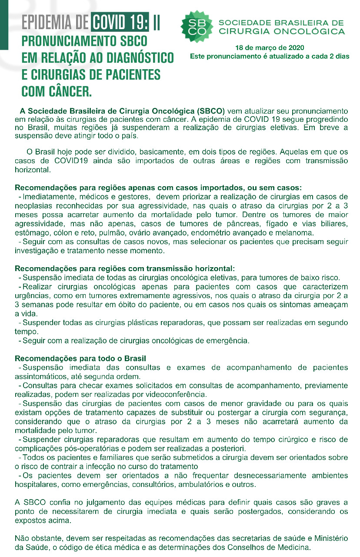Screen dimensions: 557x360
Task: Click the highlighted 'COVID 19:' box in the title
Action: point(120,22)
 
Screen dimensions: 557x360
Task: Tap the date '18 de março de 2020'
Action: point(270,47)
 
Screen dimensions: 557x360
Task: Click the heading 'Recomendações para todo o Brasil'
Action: point(80,359)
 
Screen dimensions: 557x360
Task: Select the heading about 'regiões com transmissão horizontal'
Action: point(125,268)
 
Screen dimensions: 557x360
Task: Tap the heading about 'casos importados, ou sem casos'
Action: point(158,188)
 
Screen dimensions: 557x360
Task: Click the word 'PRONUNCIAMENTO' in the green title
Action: point(84,42)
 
